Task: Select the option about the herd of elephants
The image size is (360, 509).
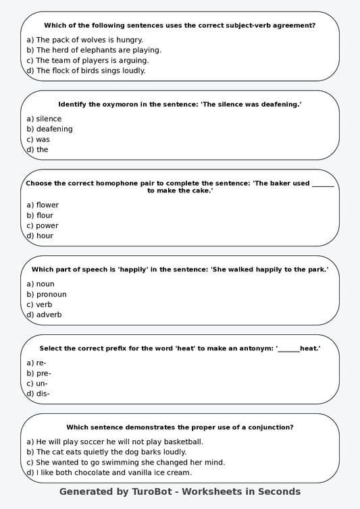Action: pos(94,50)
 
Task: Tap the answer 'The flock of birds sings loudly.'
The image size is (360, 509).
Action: pos(86,70)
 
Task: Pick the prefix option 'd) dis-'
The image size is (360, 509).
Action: pos(38,394)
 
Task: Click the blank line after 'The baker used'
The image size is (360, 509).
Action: pos(323,184)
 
